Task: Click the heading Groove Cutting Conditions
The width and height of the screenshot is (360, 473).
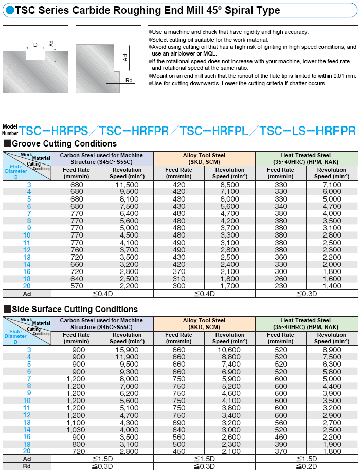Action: [64, 143]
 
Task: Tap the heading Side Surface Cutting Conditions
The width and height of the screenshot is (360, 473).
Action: [74, 309]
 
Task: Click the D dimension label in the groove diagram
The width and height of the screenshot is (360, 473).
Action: [35, 45]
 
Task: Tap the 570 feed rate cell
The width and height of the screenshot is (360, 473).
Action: [77, 286]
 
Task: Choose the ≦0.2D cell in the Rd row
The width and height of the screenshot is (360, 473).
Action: [306, 466]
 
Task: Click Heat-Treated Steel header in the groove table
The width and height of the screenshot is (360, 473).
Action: [306, 158]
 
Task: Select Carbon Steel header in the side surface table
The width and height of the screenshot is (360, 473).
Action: [102, 323]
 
